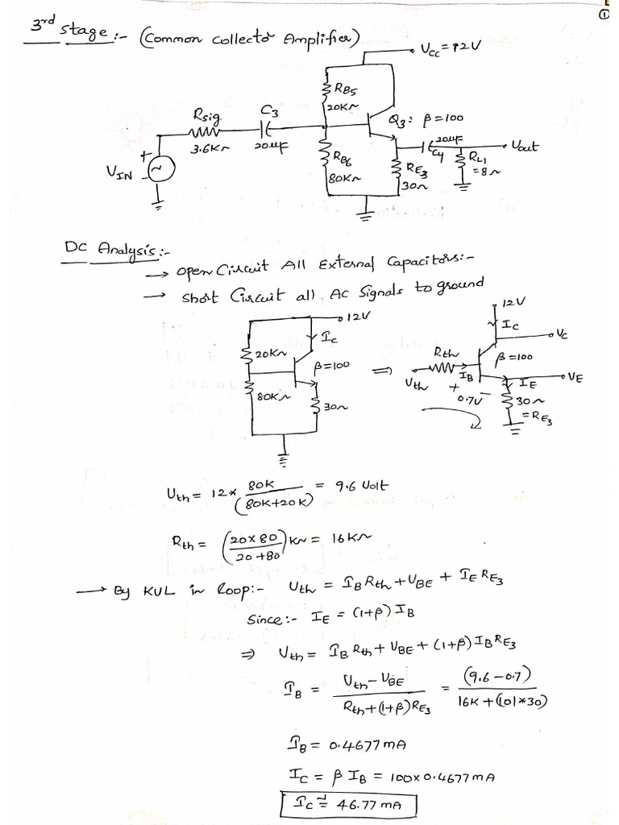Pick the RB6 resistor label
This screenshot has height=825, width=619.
click(342, 162)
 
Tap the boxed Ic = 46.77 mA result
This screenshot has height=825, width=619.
click(350, 803)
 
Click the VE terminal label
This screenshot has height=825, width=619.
click(575, 375)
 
